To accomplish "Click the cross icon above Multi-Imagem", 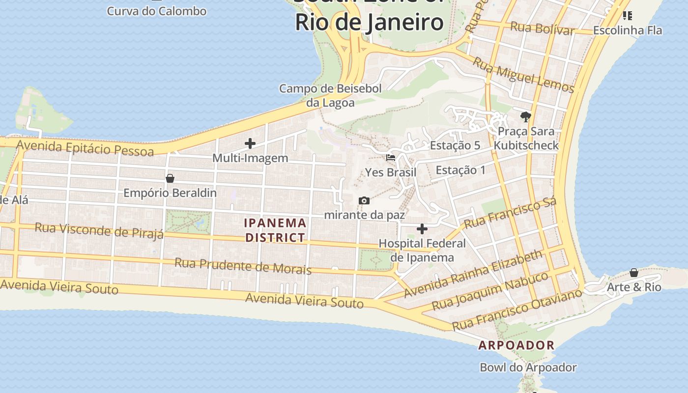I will (250, 143).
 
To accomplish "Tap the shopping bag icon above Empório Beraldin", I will (170, 178).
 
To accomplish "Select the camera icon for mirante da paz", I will (364, 200).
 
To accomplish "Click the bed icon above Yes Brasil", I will (391, 158).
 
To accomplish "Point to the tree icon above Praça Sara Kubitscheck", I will (526, 116).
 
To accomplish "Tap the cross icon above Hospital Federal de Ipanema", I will (422, 229).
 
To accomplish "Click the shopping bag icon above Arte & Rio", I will (634, 273).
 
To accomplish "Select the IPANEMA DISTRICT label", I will (275, 230).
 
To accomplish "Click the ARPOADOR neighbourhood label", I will (516, 345).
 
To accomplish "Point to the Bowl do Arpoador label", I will (528, 367).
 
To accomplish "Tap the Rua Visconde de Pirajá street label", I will (99, 230).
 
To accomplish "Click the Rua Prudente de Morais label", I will (243, 266).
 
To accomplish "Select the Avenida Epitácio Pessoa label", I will (85, 148).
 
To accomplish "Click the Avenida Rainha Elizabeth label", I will (473, 274).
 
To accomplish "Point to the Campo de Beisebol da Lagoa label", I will (330, 96).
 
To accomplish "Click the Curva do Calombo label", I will (157, 11).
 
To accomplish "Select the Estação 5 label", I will (455, 145).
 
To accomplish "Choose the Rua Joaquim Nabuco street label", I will (489, 291).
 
